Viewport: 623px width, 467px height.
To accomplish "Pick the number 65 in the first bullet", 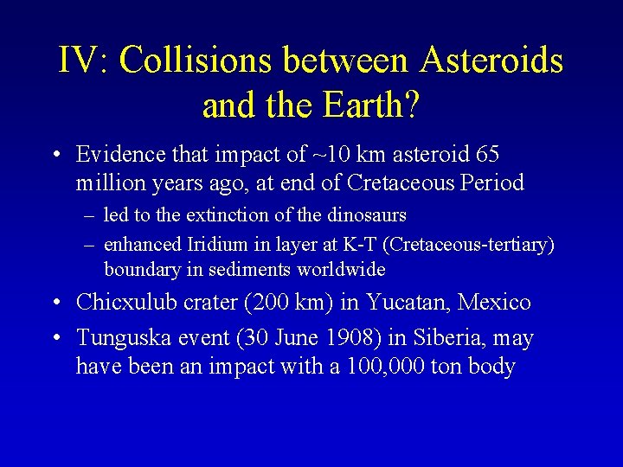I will (487, 154).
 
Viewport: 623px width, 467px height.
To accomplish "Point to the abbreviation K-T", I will (367, 245).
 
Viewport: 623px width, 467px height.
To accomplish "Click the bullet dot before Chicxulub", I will (55, 304).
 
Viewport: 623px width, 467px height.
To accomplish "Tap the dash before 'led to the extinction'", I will (89, 214).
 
